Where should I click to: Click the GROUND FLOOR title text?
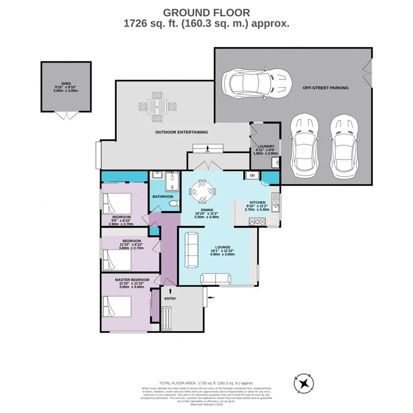tap(206, 12)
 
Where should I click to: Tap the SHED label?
tap(66, 84)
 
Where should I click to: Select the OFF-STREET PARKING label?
tap(326, 88)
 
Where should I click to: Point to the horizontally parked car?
tap(257, 83)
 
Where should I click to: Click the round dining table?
tap(202, 190)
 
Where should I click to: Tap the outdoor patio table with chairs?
tap(157, 107)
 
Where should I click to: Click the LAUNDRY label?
tap(266, 146)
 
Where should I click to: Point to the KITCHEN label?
tap(258, 202)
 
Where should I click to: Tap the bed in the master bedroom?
tap(117, 307)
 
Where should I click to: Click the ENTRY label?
tap(170, 299)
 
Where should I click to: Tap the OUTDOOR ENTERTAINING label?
tap(181, 132)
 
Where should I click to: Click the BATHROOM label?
tap(163, 196)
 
